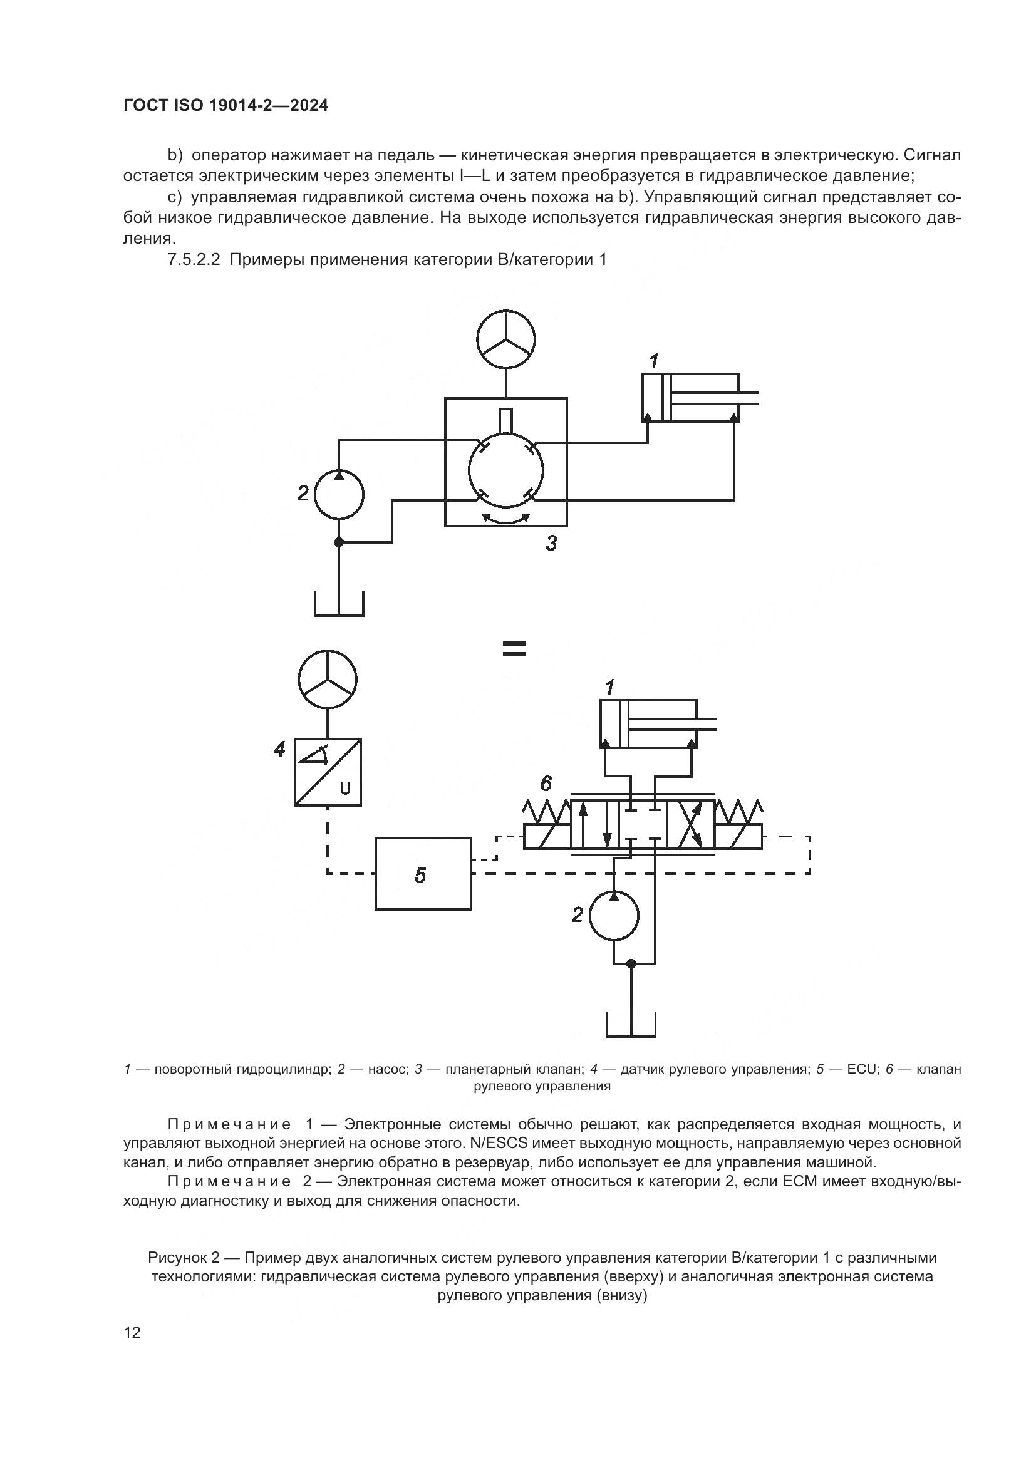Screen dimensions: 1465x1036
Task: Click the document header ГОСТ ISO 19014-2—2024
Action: click(226, 105)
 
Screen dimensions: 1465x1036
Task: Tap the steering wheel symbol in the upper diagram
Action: click(506, 339)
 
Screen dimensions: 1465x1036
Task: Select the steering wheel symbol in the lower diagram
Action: click(328, 679)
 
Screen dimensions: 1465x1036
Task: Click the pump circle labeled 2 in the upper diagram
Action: click(339, 495)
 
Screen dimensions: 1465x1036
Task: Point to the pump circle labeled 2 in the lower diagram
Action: click(614, 916)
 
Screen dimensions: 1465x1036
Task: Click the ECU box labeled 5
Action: click(422, 874)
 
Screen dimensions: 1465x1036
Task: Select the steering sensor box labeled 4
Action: click(328, 772)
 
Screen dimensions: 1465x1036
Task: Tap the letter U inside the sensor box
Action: click(345, 789)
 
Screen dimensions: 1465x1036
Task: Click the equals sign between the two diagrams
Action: click(514, 649)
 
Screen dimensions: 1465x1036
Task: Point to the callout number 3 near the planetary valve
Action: click(551, 544)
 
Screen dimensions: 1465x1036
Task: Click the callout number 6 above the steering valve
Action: click(546, 783)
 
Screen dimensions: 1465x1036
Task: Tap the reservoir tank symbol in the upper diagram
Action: click(339, 604)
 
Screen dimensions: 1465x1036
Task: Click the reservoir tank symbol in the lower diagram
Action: click(630, 1025)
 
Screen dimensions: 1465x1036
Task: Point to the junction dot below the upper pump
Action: click(339, 542)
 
